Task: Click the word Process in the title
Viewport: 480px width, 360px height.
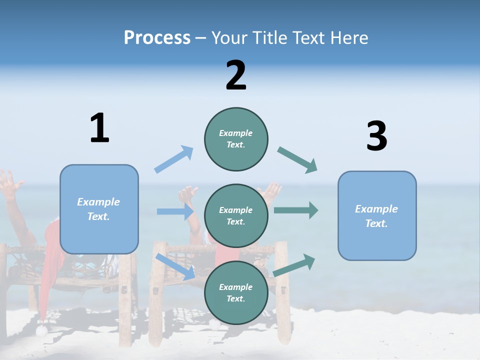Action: click(x=157, y=38)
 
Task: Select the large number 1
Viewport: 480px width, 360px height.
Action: click(x=99, y=129)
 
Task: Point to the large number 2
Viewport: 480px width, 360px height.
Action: click(x=236, y=75)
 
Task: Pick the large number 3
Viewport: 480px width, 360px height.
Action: click(x=376, y=136)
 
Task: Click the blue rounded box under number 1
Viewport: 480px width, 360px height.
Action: click(x=99, y=209)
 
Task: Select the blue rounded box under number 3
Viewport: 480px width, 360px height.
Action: click(x=377, y=215)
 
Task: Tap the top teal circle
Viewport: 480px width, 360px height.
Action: click(x=236, y=139)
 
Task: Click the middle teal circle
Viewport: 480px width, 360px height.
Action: click(x=236, y=215)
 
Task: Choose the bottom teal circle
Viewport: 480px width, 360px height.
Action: click(x=236, y=292)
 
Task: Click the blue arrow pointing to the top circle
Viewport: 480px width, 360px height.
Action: click(x=174, y=159)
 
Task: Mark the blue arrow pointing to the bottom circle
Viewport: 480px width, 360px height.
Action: click(x=175, y=266)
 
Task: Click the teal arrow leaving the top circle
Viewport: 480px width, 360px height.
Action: click(x=297, y=160)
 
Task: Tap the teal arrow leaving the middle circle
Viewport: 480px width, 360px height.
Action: click(x=295, y=210)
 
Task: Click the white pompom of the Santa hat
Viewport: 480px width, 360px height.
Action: click(x=42, y=330)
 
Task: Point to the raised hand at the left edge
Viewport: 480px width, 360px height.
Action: click(x=9, y=183)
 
